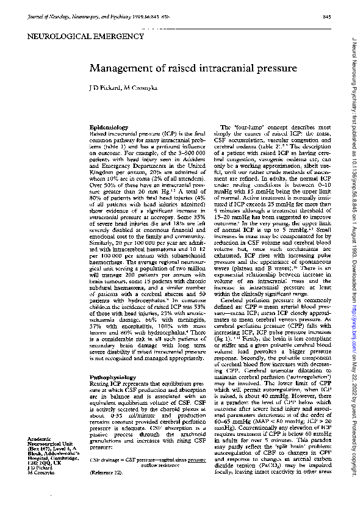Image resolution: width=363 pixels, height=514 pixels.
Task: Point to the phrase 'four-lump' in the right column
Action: click(x=243, y=126)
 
